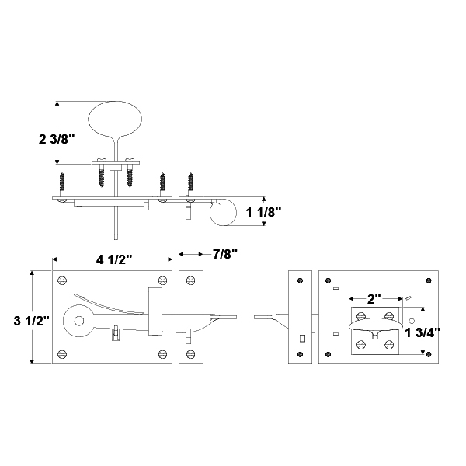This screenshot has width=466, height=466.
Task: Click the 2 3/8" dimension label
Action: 57,139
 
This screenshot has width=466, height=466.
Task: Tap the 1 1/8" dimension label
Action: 263,212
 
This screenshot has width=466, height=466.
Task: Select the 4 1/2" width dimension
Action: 114,259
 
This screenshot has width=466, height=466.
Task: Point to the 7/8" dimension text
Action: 225,254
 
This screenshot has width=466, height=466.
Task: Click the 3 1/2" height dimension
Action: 32,321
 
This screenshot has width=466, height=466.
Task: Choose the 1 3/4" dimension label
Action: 423,332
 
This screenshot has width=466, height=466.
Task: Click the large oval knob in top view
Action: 115,119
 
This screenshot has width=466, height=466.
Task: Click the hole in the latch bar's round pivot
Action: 79,321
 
